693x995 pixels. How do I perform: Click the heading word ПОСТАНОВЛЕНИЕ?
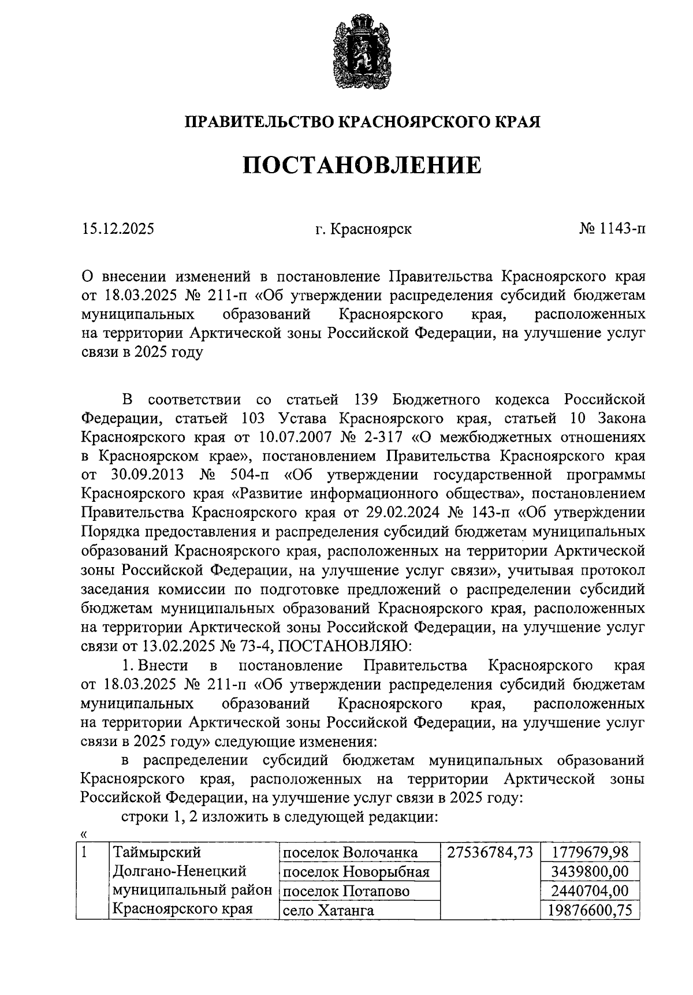(362, 165)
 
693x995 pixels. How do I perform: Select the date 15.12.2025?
(118, 229)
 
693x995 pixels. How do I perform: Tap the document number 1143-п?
(621, 229)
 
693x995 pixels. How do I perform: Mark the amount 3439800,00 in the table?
(590, 871)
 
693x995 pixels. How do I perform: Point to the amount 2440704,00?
(590, 890)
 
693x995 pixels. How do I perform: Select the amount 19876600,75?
(586, 910)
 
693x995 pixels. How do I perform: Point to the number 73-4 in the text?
(247, 646)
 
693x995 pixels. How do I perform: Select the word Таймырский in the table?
(156, 852)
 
